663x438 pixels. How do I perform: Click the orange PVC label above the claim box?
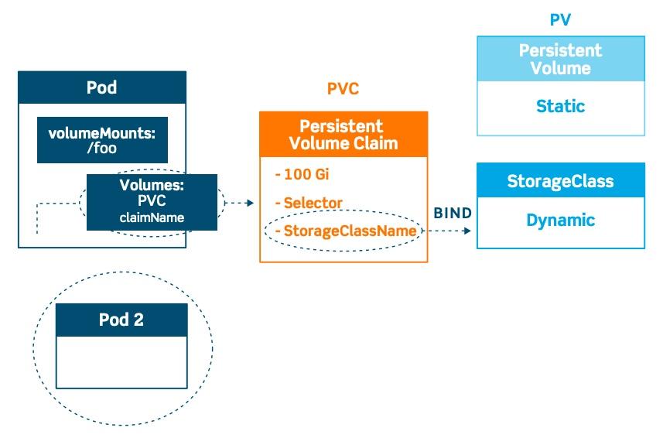point(343,89)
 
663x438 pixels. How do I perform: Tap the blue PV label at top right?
point(560,20)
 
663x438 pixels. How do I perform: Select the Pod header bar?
point(102,87)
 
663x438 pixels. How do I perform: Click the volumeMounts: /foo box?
point(102,140)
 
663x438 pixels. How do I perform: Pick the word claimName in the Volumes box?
point(152,217)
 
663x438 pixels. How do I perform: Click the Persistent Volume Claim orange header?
point(343,135)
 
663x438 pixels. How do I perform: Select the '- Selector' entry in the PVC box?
point(309,203)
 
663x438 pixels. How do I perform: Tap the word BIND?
point(453,213)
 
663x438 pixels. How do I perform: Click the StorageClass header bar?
point(560,181)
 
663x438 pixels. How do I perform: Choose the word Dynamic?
point(560,221)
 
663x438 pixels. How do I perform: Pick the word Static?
point(560,107)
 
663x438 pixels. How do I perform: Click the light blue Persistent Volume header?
point(560,60)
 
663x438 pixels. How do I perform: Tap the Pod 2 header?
point(121,320)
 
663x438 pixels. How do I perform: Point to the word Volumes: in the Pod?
point(151,186)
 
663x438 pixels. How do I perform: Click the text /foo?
point(102,148)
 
